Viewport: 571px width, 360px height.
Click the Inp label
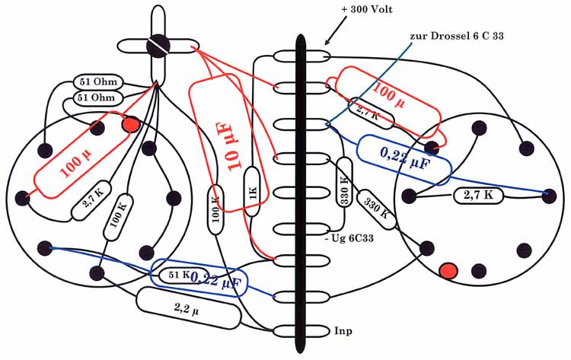(x=343, y=330)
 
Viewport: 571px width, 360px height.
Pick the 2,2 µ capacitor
(x=187, y=307)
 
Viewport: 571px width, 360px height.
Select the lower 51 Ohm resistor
(x=96, y=97)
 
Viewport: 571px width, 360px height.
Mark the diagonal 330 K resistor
(x=378, y=211)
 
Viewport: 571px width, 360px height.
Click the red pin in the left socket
(x=130, y=123)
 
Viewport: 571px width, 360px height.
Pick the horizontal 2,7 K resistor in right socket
(x=479, y=196)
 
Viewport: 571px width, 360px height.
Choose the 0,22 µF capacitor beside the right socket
(x=404, y=160)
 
